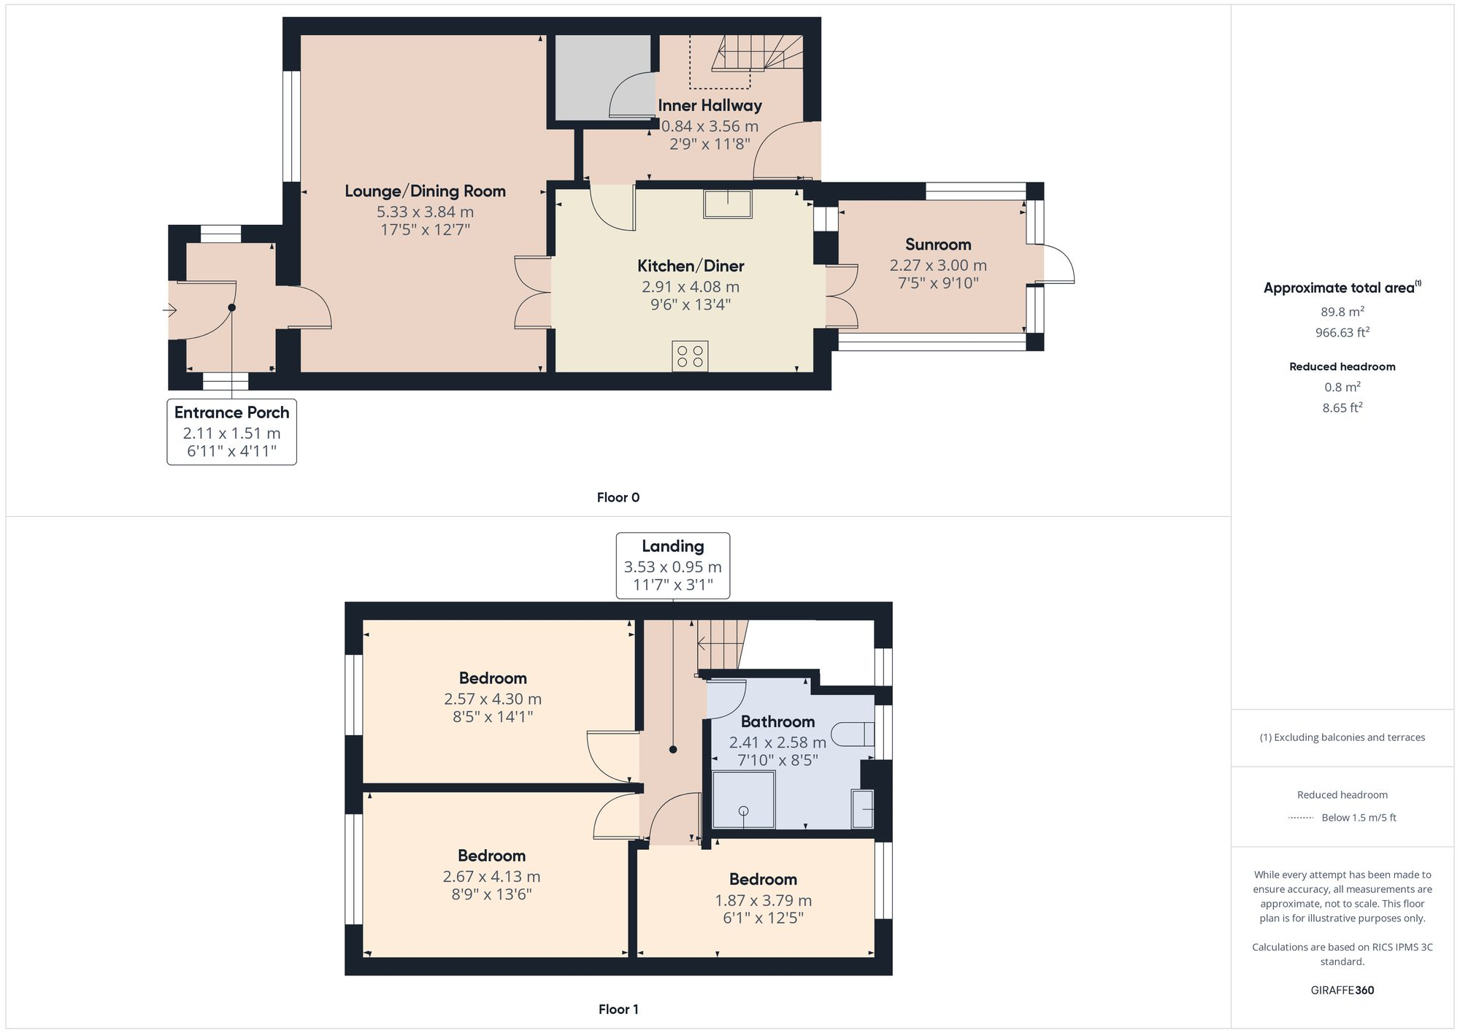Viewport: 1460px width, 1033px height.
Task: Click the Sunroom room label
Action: [938, 245]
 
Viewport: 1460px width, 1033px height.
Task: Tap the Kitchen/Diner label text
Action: [691, 266]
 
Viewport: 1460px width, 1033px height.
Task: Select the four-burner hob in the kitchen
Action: [690, 356]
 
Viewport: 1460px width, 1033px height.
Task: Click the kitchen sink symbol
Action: [728, 204]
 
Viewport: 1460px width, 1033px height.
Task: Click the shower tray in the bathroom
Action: [744, 799]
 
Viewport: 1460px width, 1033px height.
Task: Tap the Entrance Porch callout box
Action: [232, 431]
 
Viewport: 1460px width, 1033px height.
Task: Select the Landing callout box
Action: [673, 566]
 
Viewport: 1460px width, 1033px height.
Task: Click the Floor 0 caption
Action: [618, 498]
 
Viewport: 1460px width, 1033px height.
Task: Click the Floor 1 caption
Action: [618, 1010]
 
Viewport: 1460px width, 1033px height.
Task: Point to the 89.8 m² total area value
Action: [1342, 312]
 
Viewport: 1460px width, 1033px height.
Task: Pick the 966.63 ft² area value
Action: [1342, 332]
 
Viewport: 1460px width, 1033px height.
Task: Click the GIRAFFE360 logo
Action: [1342, 991]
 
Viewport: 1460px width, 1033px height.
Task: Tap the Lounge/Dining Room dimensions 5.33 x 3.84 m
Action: [425, 212]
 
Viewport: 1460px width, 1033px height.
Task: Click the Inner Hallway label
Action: [710, 105]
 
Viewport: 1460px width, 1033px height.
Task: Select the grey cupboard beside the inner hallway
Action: [603, 77]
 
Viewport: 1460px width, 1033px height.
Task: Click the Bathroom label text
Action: [777, 722]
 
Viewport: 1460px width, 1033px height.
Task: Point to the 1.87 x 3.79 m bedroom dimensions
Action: [763, 901]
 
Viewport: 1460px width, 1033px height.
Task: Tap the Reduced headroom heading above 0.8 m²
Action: [1342, 366]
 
